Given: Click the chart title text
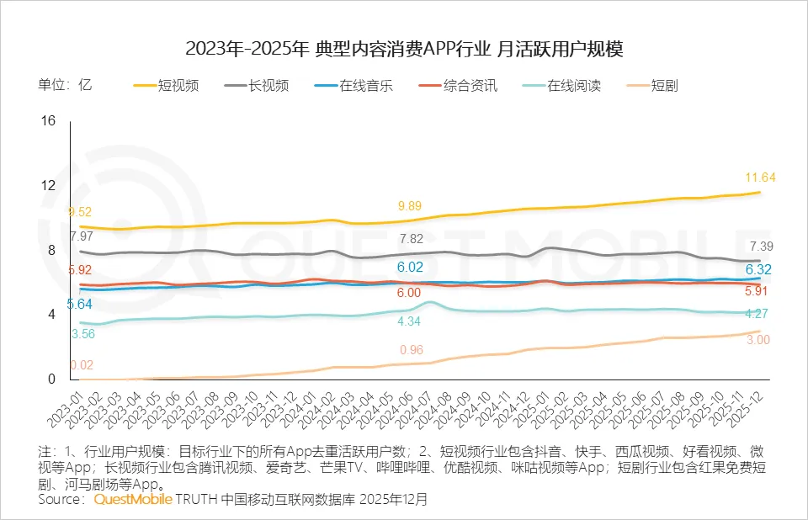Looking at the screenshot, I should click(x=404, y=49).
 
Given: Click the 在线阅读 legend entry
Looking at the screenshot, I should click(x=573, y=85).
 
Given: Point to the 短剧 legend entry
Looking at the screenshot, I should click(x=664, y=85).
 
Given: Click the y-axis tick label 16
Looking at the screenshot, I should click(x=48, y=121).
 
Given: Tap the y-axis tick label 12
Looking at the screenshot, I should click(x=48, y=185).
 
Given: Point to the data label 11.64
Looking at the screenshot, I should click(x=760, y=177).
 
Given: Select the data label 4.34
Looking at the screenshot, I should click(x=409, y=321).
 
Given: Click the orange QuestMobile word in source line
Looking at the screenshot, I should click(x=132, y=499).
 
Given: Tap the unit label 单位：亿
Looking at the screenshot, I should click(x=64, y=85).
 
